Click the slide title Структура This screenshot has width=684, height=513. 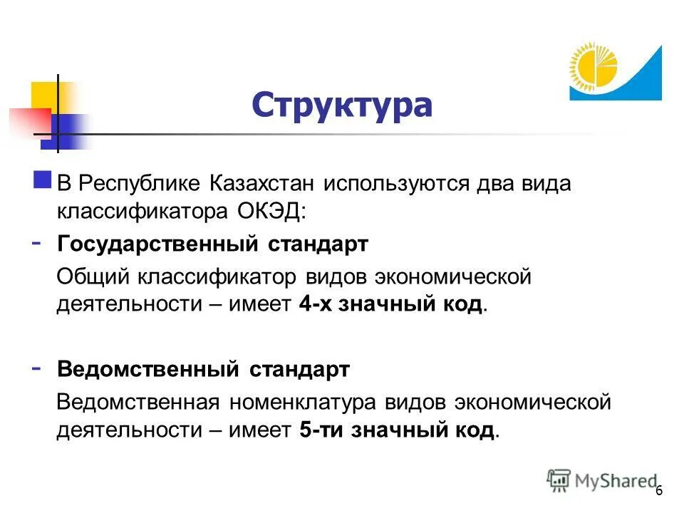pos(342,104)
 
